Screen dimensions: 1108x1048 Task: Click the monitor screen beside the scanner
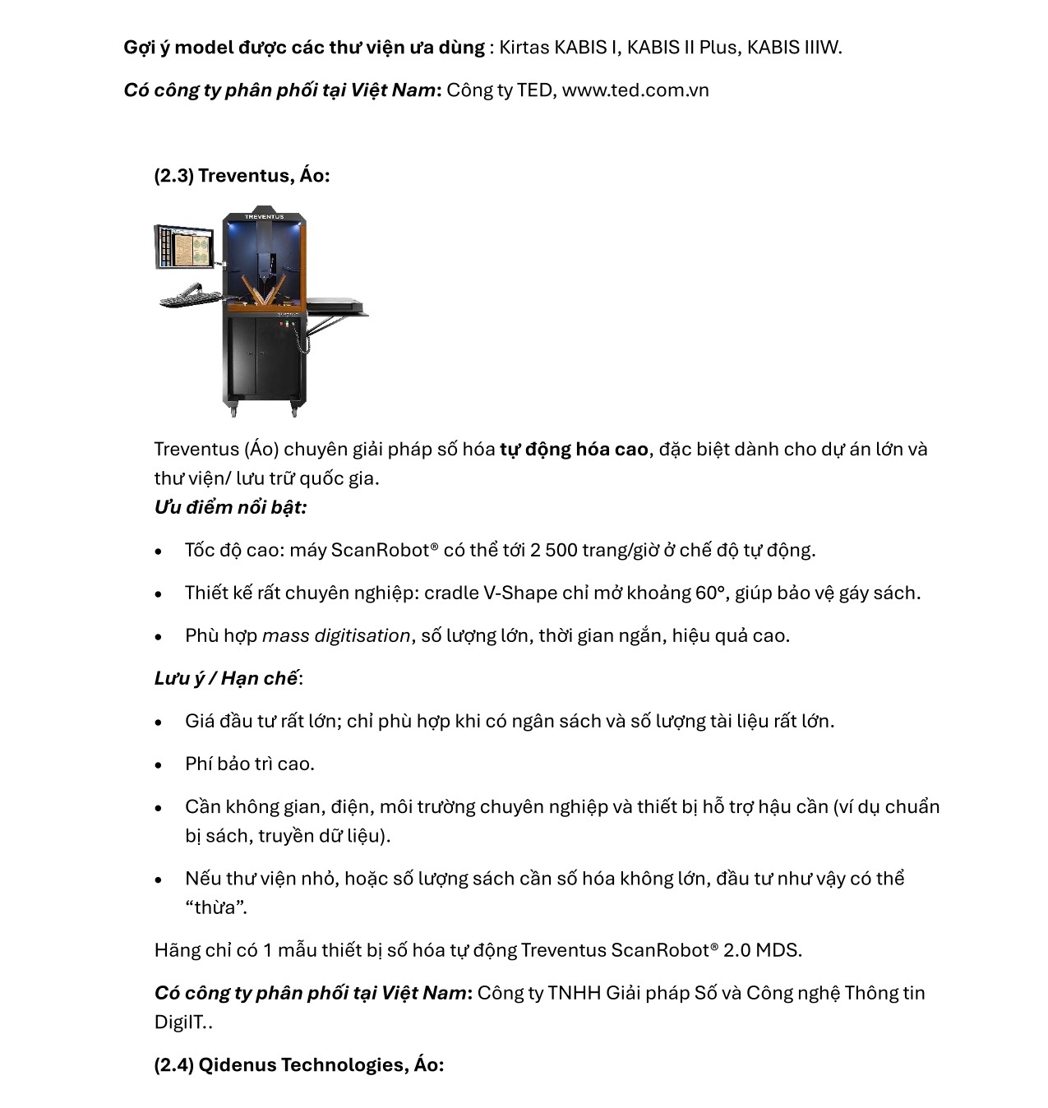click(x=184, y=246)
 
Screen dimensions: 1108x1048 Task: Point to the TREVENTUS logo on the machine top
click(x=264, y=217)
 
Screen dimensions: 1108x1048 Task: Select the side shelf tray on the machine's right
click(x=337, y=307)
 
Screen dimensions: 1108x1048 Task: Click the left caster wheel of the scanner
click(x=233, y=409)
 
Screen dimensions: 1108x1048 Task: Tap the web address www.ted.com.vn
click(x=635, y=90)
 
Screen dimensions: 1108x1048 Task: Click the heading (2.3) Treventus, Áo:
click(x=242, y=176)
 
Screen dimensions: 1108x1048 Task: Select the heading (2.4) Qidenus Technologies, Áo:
click(x=298, y=1065)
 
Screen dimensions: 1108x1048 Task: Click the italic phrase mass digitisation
click(x=336, y=636)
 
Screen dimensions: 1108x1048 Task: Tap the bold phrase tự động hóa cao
click(x=574, y=450)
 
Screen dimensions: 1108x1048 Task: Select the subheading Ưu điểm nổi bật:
click(x=230, y=507)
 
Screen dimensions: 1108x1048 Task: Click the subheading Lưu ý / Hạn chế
click(x=226, y=679)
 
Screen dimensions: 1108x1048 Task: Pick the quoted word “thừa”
click(x=215, y=908)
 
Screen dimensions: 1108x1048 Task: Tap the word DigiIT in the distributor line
click(x=178, y=1023)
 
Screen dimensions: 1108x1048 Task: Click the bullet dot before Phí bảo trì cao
click(x=159, y=765)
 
